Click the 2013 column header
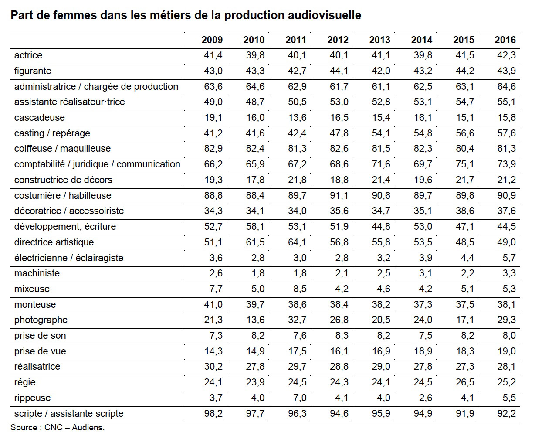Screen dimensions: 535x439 379,40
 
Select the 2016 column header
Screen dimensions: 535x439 505,40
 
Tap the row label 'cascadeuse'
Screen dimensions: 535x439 40,118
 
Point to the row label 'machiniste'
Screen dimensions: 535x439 37,273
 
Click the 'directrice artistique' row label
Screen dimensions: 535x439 54,242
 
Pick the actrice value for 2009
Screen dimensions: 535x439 213,55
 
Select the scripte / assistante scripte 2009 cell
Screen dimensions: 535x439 213,413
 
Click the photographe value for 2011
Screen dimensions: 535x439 297,320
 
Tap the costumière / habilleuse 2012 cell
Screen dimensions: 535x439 339,195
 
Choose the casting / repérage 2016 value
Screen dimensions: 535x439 507,133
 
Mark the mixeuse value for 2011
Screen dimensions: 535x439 300,289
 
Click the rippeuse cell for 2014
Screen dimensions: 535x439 425,398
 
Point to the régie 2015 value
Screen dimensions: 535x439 465,382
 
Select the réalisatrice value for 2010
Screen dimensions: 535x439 255,367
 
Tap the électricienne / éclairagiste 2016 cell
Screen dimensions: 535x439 509,258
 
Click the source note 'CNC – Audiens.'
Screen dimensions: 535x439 74,428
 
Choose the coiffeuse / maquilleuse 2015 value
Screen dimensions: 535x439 465,149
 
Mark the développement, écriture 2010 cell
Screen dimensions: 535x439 255,227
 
